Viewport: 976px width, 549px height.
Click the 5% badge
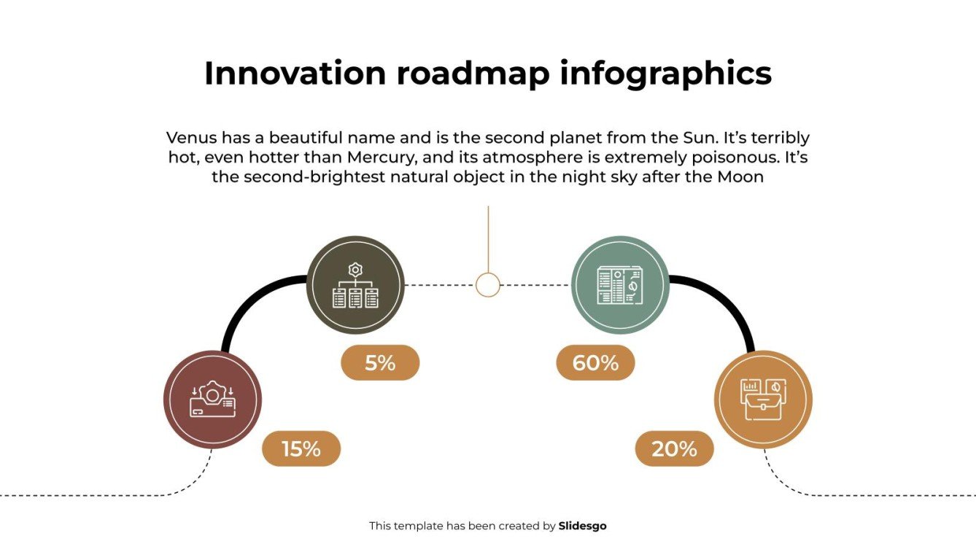[380, 362]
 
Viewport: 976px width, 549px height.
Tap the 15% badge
[301, 448]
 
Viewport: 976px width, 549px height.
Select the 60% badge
[595, 362]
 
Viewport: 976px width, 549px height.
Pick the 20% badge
[674, 448]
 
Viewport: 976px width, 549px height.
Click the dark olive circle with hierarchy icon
[355, 285]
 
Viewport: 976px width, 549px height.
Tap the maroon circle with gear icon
[212, 399]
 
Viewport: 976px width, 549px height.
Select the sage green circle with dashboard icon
[620, 285]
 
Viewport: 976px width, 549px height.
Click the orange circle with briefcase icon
[762, 399]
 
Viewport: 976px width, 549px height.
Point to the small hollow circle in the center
[488, 284]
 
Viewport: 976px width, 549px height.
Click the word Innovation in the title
[295, 74]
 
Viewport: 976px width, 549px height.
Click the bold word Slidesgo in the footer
[582, 526]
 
